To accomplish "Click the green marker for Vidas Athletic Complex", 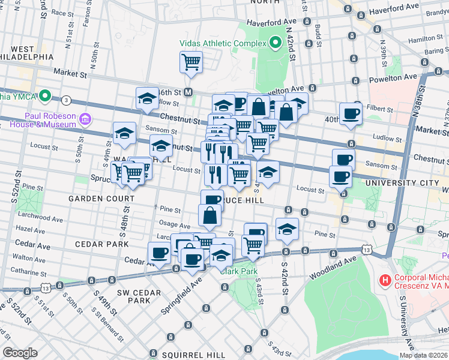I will pos(276,43).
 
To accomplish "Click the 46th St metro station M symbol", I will pos(188,92).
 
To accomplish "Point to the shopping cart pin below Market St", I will pos(191,61).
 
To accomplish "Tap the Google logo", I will pos(20,353).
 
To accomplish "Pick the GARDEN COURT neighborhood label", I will pos(101,199).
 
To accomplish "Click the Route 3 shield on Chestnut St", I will pos(66,99).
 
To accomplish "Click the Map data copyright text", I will pos(423,355).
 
